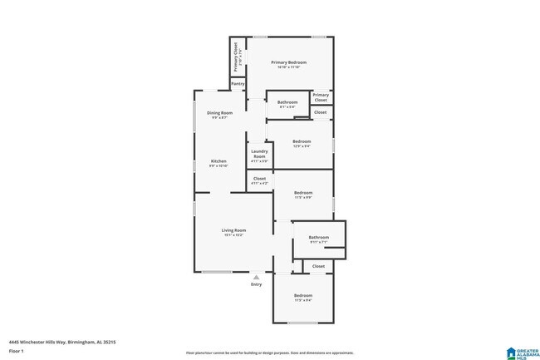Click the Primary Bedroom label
click(x=288, y=63)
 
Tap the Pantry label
click(x=238, y=83)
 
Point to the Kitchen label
click(x=218, y=161)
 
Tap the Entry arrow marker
click(x=256, y=277)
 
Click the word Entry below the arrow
click(x=256, y=285)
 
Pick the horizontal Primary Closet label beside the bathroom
click(x=321, y=97)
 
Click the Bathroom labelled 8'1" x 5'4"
click(x=287, y=103)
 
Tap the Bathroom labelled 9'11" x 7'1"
click(x=319, y=238)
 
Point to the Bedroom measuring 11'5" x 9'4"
click(x=303, y=296)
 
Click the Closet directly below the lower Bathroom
click(x=318, y=266)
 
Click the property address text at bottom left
click(x=61, y=341)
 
